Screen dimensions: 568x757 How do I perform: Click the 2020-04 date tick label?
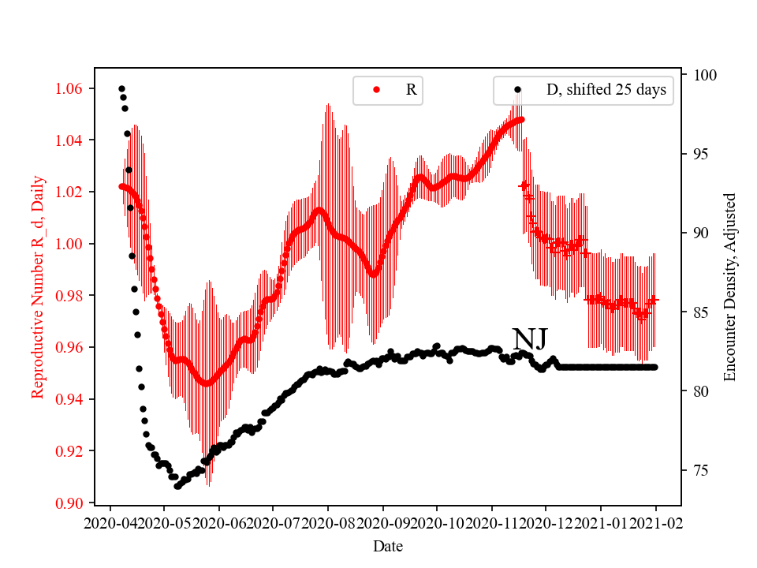[x=110, y=521]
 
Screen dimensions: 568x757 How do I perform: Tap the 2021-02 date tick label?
[x=655, y=521]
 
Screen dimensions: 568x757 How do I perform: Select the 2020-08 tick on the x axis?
[x=328, y=521]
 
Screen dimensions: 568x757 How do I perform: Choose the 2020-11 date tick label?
[x=491, y=521]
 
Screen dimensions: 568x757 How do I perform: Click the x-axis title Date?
[x=387, y=545]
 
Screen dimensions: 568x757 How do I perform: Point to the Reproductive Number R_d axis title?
[x=38, y=287]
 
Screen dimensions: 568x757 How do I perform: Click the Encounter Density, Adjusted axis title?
[x=729, y=287]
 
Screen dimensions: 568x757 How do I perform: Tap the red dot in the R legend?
[x=376, y=90]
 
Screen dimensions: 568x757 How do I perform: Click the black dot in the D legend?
[x=517, y=90]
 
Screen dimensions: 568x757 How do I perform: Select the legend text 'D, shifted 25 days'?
[x=606, y=90]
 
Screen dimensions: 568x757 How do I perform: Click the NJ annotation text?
[x=530, y=340]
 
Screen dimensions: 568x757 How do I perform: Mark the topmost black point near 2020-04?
[x=121, y=88]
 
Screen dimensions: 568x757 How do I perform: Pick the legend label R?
[x=411, y=90]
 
